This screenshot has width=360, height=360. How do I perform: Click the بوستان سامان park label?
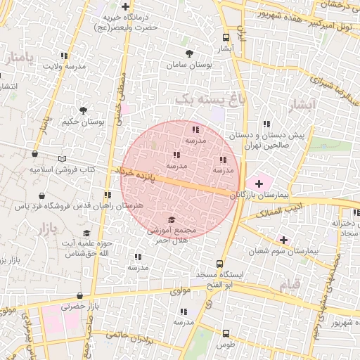click(x=188, y=65)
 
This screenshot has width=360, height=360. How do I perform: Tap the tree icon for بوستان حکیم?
click(x=84, y=110)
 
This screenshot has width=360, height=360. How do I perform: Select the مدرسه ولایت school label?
click(x=63, y=66)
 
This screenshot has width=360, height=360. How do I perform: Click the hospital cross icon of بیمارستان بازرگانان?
click(x=259, y=183)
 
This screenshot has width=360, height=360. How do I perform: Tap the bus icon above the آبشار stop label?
click(x=226, y=38)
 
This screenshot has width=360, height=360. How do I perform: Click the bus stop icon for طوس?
click(x=226, y=333)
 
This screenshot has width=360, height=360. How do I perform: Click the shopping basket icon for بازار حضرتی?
click(x=79, y=295)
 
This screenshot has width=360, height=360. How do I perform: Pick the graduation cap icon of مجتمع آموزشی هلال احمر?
click(x=172, y=219)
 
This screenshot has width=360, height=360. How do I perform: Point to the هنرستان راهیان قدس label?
click(x=113, y=206)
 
